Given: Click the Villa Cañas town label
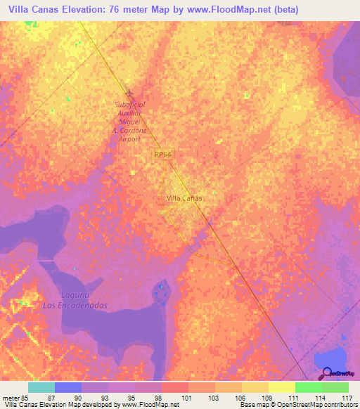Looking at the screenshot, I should click(184, 198).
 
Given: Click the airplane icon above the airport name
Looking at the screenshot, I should click(129, 93).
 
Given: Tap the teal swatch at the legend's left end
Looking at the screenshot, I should click(41, 387).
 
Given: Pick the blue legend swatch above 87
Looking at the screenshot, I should click(68, 387).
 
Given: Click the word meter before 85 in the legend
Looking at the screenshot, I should click(11, 397).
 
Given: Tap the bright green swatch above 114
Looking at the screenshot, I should click(308, 387).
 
